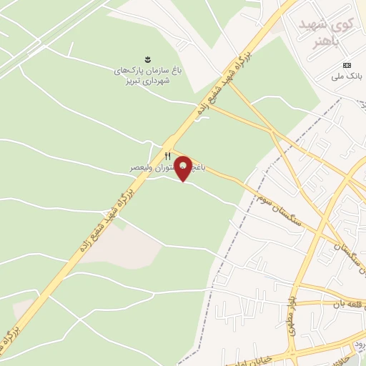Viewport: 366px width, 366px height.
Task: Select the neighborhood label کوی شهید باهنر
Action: click(x=334, y=33)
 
